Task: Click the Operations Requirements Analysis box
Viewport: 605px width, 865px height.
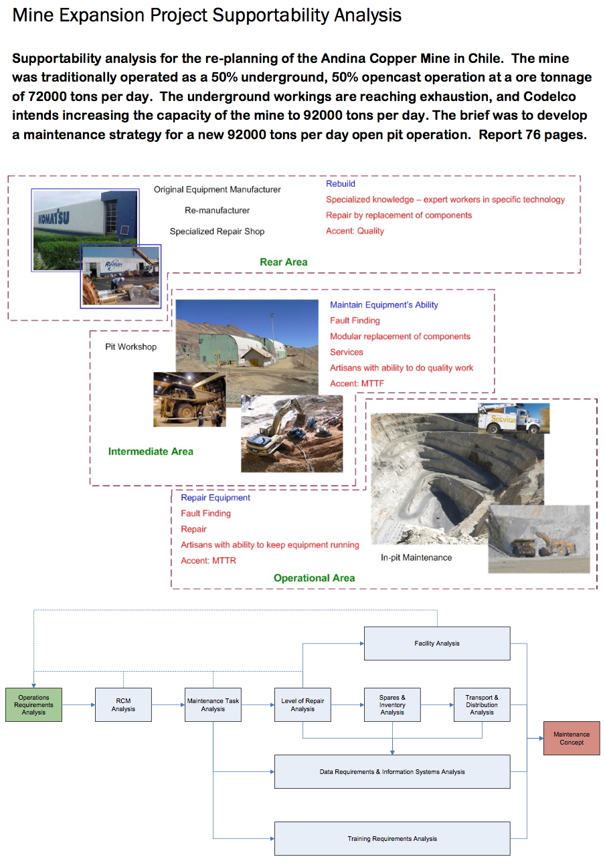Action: point(33,704)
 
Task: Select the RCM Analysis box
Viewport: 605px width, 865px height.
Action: point(123,704)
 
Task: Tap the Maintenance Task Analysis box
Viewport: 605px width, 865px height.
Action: point(213,704)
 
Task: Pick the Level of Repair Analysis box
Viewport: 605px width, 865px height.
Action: point(302,704)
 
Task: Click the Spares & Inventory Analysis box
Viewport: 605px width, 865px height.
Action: point(392,704)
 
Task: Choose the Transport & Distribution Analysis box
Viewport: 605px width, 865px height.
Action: point(482,704)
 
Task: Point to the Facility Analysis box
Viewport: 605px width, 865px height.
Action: point(437,644)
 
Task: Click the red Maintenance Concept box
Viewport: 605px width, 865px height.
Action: point(572,738)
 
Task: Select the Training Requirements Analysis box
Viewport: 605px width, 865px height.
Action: point(392,838)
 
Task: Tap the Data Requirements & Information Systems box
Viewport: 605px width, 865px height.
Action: point(392,771)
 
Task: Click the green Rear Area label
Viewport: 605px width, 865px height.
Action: point(283,262)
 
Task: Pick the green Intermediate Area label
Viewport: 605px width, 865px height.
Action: point(151,452)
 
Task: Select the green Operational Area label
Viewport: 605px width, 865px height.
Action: point(314,578)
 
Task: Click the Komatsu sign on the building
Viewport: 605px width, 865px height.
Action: point(53,219)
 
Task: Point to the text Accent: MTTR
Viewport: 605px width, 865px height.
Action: point(208,561)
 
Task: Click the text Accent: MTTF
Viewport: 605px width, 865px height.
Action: point(357,384)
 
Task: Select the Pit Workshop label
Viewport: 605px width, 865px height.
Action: point(131,347)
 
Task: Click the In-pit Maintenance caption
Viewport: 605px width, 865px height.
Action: point(416,557)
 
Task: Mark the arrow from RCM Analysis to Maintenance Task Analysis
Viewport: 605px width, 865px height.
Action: point(168,704)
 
